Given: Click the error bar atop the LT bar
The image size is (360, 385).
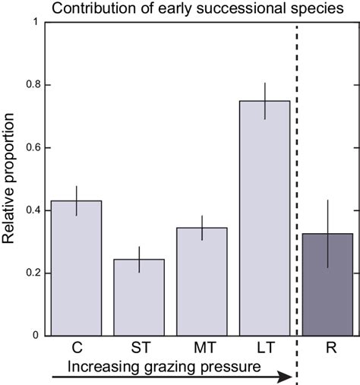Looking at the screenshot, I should pos(264,100).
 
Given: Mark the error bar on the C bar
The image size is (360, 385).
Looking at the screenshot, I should pos(75,200).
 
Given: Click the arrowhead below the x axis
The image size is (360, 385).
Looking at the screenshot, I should pos(285,377).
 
